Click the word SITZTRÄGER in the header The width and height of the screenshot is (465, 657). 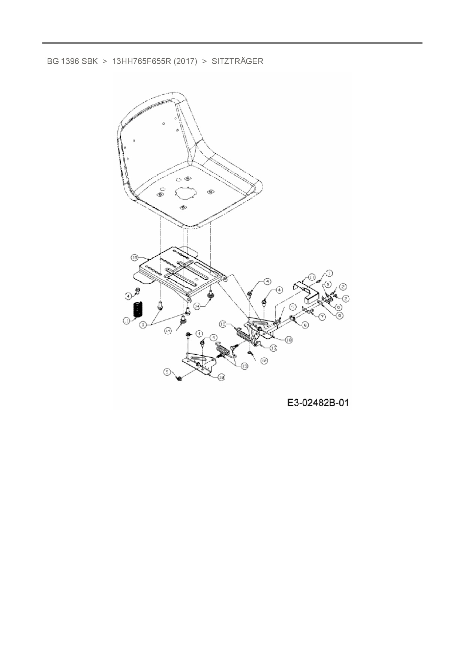237,61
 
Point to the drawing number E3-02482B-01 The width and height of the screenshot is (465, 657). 318,403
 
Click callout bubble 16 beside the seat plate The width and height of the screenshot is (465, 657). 135,257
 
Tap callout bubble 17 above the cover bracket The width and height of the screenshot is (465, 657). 312,277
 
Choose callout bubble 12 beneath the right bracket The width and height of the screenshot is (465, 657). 264,360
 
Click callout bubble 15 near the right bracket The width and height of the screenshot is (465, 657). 273,348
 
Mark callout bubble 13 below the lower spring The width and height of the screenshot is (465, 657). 244,366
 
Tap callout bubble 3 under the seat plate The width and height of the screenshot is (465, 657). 143,325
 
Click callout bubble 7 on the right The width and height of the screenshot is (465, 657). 322,317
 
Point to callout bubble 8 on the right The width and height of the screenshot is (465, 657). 305,325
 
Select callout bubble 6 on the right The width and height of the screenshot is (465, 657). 339,307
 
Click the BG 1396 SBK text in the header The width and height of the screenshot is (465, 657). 72,61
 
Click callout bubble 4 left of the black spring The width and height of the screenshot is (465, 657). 128,296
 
